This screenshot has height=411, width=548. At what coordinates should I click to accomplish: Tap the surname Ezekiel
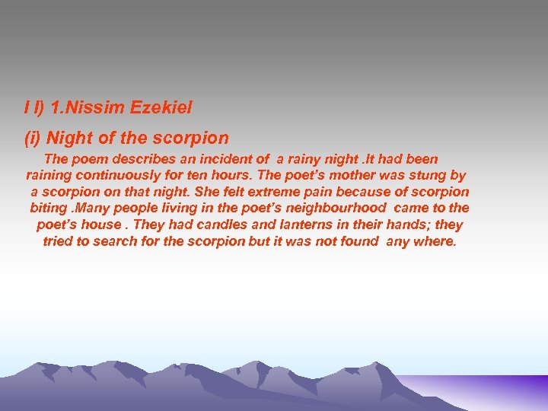[x=161, y=108]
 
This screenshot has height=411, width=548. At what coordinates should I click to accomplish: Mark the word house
[x=100, y=225]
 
